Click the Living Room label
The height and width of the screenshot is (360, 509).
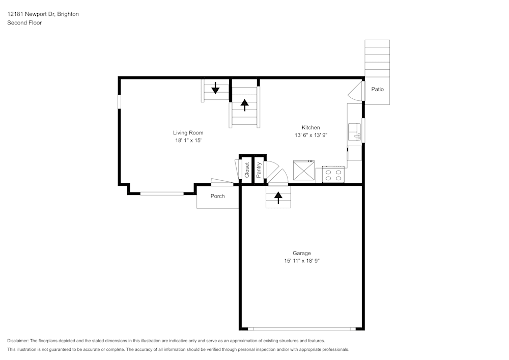(188, 133)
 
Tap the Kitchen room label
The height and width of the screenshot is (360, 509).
(310, 128)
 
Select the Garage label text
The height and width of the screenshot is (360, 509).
(301, 253)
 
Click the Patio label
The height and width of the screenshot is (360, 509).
(377, 89)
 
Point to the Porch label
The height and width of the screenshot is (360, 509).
(217, 196)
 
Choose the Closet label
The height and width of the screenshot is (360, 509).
(247, 170)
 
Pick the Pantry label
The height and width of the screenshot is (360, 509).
(259, 170)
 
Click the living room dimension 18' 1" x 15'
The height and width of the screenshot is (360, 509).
(188, 141)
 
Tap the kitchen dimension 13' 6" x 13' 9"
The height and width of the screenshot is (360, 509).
(310, 135)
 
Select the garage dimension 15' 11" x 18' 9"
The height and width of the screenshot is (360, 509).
(301, 261)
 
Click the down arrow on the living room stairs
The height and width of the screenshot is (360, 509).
(215, 88)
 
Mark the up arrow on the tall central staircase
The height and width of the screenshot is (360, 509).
(245, 105)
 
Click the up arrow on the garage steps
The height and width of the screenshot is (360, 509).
(278, 198)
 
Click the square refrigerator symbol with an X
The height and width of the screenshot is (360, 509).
(303, 171)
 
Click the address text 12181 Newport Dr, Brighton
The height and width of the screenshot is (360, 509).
(43, 14)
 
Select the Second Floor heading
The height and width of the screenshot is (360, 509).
(24, 23)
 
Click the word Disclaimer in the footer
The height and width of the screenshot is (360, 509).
(18, 341)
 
